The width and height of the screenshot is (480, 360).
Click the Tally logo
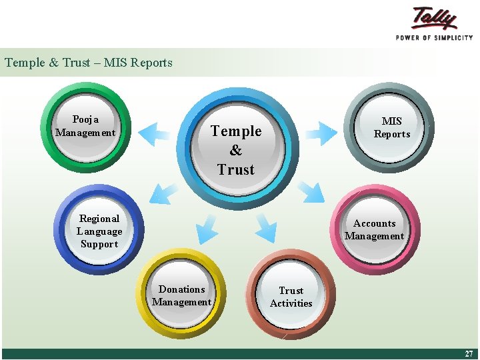[434, 18]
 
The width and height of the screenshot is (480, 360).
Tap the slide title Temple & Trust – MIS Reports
[89, 63]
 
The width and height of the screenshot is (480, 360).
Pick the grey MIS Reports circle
[391, 127]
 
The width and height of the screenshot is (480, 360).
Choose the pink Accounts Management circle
[374, 230]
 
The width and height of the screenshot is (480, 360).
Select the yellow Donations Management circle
[181, 295]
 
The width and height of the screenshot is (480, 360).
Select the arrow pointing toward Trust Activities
[266, 227]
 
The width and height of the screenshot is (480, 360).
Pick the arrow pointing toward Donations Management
[207, 228]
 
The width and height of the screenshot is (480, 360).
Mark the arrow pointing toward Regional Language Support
[163, 193]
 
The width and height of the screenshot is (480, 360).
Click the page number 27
[468, 354]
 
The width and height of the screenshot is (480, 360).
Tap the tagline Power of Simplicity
[434, 38]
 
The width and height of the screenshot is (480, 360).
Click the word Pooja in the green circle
[85, 119]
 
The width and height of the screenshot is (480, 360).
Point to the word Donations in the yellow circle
[181, 289]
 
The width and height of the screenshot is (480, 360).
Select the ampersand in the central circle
[236, 151]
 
